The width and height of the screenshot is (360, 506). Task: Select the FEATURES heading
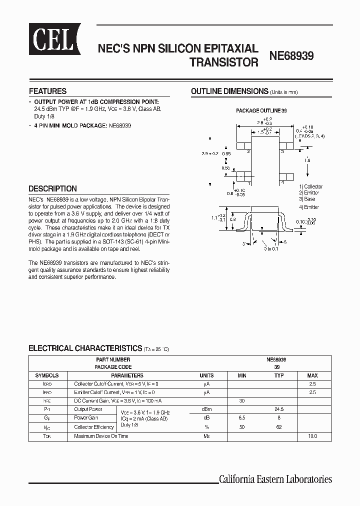[47, 91]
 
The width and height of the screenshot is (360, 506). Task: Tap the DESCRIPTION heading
[52, 189]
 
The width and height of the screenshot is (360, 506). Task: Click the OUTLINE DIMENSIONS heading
[230, 91]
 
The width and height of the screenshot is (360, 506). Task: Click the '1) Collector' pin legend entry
[311, 186]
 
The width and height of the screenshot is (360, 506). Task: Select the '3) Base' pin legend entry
[307, 199]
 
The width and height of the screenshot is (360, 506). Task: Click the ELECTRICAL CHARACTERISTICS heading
[85, 348]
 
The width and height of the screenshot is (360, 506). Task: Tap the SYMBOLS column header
[47, 375]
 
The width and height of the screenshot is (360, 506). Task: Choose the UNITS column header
[206, 375]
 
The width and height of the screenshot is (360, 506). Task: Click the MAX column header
[312, 375]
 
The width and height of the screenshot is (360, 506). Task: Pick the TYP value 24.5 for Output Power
[279, 408]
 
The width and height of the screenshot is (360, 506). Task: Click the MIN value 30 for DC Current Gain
[242, 400]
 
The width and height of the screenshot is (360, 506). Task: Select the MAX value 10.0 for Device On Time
[312, 436]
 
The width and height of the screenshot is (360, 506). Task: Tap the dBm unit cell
[206, 408]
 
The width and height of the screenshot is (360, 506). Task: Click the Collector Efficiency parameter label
[93, 427]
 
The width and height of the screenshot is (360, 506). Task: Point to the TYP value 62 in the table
[279, 427]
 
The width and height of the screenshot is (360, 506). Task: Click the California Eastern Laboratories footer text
[275, 479]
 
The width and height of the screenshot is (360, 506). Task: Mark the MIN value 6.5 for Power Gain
[242, 417]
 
